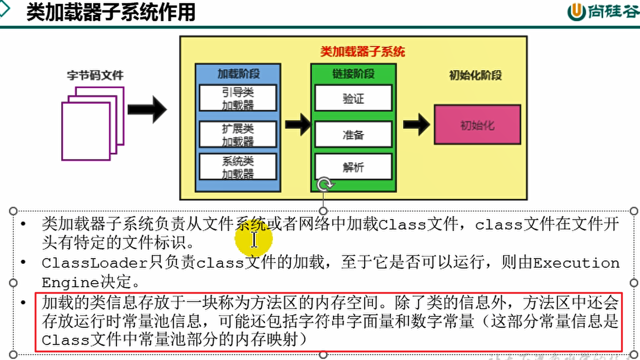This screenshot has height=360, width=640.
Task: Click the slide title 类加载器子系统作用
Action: click(110, 12)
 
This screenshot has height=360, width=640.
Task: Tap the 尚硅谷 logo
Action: click(603, 12)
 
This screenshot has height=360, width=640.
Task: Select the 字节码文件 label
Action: click(95, 75)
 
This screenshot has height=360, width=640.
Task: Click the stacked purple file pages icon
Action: click(93, 123)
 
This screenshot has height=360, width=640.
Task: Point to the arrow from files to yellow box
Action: click(147, 109)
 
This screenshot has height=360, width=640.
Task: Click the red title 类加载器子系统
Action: click(362, 51)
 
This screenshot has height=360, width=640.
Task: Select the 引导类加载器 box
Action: click(238, 98)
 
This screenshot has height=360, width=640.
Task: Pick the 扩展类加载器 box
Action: click(238, 134)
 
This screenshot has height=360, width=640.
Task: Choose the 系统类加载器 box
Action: click(238, 167)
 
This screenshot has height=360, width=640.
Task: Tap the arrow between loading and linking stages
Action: click(298, 124)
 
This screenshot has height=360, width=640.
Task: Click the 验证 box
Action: click(353, 98)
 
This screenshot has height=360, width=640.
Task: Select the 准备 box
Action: click(353, 134)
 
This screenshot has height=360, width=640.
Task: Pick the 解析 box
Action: click(353, 167)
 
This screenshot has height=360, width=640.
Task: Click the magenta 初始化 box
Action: click(477, 125)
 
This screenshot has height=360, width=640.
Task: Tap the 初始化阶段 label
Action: click(475, 75)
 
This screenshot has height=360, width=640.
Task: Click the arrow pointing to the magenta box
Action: click(416, 124)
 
